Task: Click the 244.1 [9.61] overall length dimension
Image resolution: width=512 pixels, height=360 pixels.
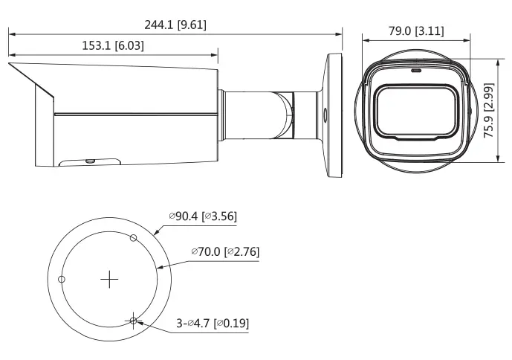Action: click(x=175, y=25)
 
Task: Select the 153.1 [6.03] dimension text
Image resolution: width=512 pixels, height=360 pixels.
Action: click(x=113, y=45)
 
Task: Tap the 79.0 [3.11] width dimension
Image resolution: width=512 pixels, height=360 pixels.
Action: click(x=416, y=31)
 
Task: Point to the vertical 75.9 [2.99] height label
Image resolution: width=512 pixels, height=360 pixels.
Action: click(x=488, y=111)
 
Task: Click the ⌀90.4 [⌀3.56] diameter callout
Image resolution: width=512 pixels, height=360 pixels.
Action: click(x=203, y=216)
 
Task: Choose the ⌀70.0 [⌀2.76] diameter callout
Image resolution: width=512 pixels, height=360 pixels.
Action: click(x=225, y=251)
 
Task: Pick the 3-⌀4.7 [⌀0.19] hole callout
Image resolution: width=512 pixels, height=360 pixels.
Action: click(x=213, y=324)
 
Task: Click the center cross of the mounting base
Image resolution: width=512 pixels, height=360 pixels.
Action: click(x=109, y=280)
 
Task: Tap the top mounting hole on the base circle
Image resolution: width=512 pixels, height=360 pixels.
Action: click(x=133, y=238)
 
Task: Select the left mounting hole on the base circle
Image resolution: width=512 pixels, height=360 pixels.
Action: click(x=62, y=279)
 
